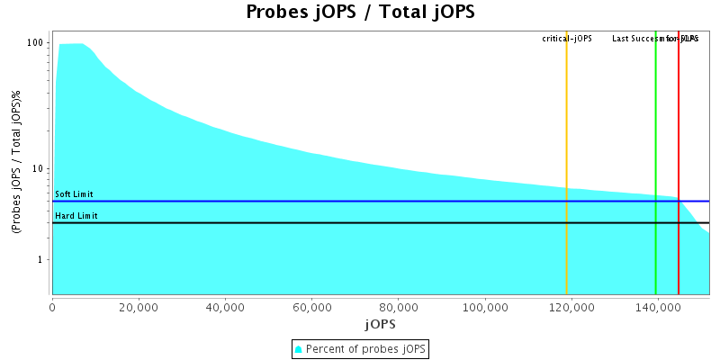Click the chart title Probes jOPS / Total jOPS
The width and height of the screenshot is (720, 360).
coord(360,13)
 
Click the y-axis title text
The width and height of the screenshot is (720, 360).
coord(16,162)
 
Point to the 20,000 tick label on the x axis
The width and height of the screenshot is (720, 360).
coord(139,307)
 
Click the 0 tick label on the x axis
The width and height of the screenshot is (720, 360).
coord(52,307)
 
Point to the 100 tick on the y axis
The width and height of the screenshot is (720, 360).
coord(36,43)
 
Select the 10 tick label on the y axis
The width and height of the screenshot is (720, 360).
coord(39,169)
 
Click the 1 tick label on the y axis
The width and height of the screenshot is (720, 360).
coord(41,260)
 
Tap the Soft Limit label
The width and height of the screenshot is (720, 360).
coord(74,194)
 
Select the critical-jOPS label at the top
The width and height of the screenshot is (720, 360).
coord(567,39)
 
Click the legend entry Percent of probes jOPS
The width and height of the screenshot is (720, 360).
coord(360,348)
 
